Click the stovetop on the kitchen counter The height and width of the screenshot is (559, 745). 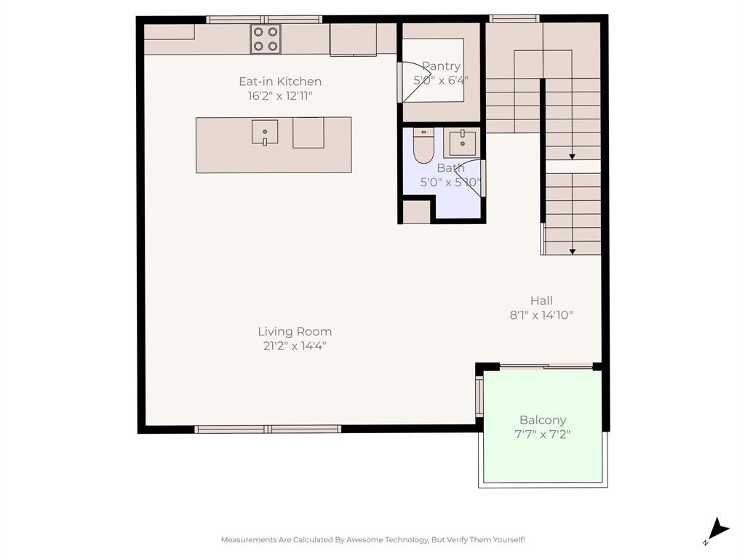tap(266, 39)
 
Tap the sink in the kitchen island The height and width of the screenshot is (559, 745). tap(265, 132)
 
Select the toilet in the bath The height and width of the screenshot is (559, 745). tap(423, 145)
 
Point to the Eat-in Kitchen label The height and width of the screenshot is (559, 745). tap(280, 82)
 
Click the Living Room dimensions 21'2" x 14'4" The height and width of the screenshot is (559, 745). tap(295, 346)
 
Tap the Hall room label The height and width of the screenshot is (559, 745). tap(541, 301)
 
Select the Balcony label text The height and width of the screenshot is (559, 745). tap(542, 420)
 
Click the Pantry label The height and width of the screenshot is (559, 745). tap(441, 66)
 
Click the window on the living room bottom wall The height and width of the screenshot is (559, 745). tap(268, 429)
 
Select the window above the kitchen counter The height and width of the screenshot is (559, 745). tap(264, 20)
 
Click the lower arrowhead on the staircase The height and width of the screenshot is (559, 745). tap(573, 251)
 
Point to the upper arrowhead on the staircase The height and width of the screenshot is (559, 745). tap(573, 156)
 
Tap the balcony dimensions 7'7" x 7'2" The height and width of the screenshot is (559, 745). tap(542, 435)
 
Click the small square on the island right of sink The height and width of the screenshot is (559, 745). tap(308, 132)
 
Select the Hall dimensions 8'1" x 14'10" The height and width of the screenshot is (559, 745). tap(541, 315)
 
